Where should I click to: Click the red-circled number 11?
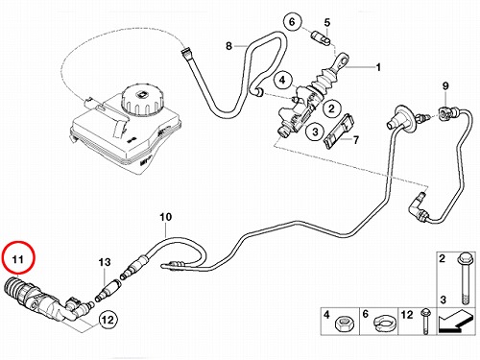pyautogui.click(x=17, y=258)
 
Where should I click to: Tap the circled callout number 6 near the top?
pyautogui.click(x=292, y=22)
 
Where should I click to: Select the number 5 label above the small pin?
pyautogui.click(x=326, y=22)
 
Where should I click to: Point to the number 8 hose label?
pyautogui.click(x=228, y=46)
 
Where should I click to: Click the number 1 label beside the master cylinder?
pyautogui.click(x=378, y=67)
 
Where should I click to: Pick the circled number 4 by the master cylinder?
pyautogui.click(x=282, y=80)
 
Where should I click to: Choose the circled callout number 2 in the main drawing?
pyautogui.click(x=331, y=108)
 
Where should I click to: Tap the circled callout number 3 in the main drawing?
pyautogui.click(x=315, y=132)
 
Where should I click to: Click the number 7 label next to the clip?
pyautogui.click(x=356, y=140)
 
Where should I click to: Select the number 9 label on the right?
pyautogui.click(x=445, y=85)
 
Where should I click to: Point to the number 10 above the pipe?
pyautogui.click(x=166, y=217)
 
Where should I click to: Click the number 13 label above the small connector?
pyautogui.click(x=105, y=262)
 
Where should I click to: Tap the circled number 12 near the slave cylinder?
pyautogui.click(x=108, y=319)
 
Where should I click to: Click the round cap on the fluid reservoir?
pyautogui.click(x=140, y=99)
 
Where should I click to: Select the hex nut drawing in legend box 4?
pyautogui.click(x=345, y=324)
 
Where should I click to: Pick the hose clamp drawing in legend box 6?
pyautogui.click(x=383, y=323)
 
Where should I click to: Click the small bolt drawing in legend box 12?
pyautogui.click(x=425, y=322)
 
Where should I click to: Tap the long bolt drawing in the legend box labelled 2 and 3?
pyautogui.click(x=464, y=278)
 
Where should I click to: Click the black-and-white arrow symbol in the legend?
pyautogui.click(x=456, y=322)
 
